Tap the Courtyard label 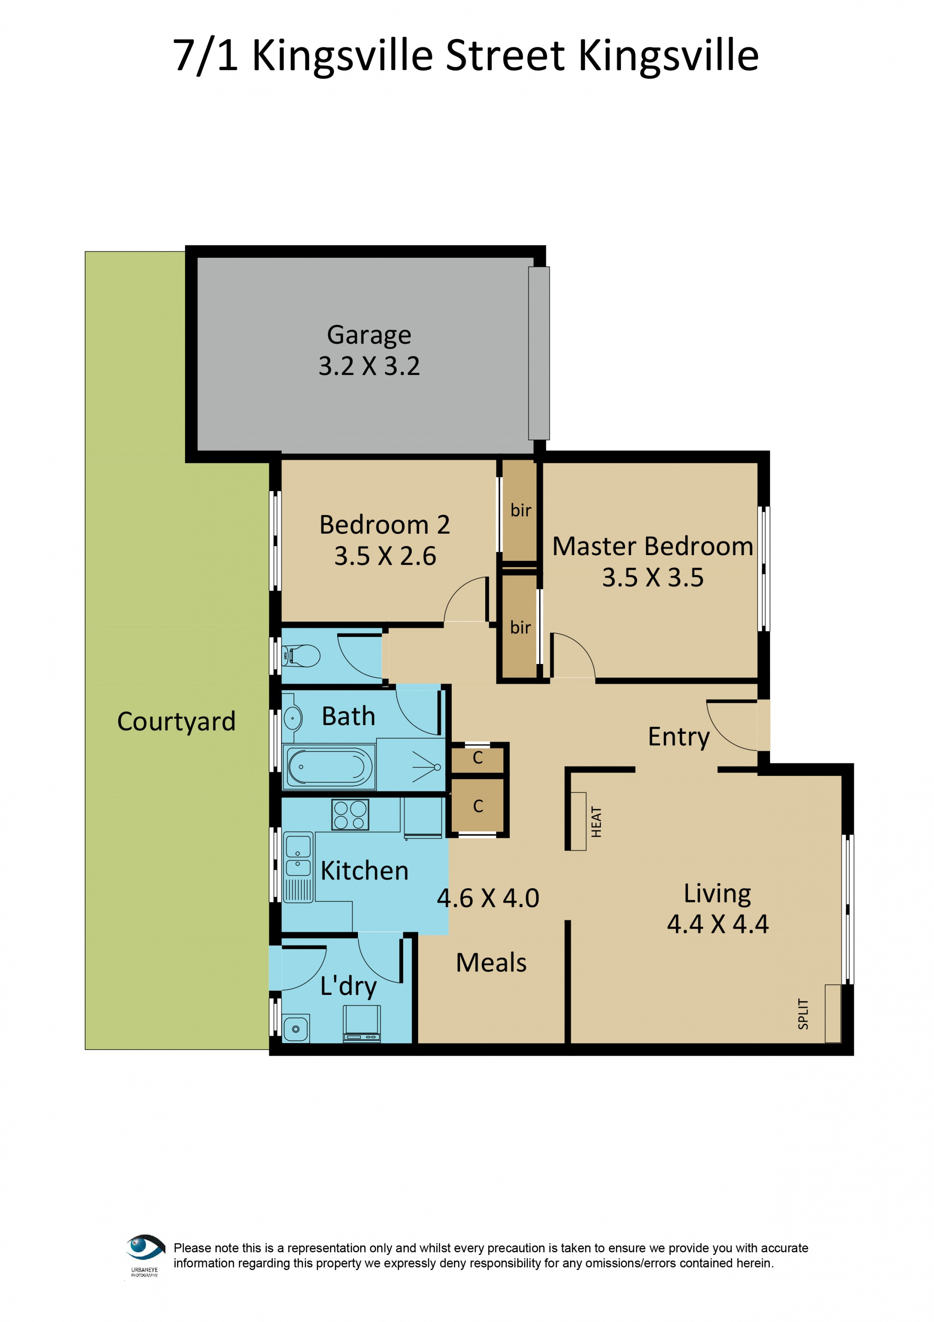point(177,721)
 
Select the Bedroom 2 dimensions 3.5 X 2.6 point(385,556)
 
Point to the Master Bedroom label point(653,547)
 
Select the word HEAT point(596,822)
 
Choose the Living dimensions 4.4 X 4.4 point(718,924)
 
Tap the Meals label point(491,963)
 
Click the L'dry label point(348,987)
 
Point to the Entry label point(678,738)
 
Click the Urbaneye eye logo point(145,1248)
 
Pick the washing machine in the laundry point(362,1024)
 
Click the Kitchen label point(364,871)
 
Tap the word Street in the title point(505,56)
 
